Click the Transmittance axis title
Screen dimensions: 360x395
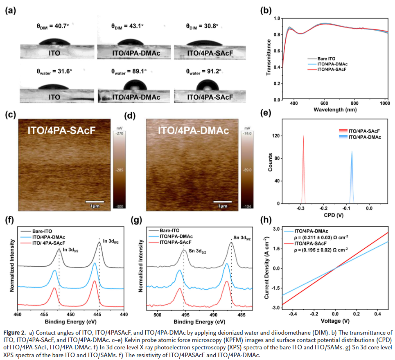click(x=269, y=58)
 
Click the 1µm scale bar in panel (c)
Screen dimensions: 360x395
click(x=95, y=202)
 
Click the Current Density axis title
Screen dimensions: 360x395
click(x=267, y=269)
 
